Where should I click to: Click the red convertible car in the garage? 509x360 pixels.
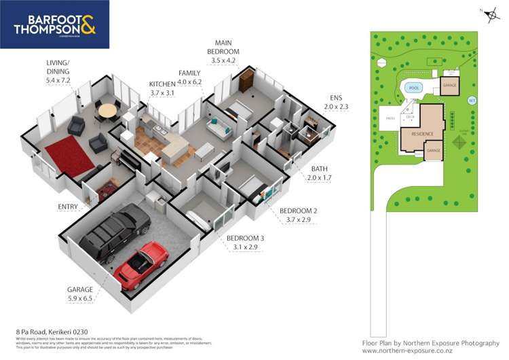tap(141, 264)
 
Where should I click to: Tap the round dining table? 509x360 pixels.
tap(107, 111)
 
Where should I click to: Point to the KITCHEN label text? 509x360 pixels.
tap(162, 84)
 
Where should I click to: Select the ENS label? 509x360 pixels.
tap(336, 97)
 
